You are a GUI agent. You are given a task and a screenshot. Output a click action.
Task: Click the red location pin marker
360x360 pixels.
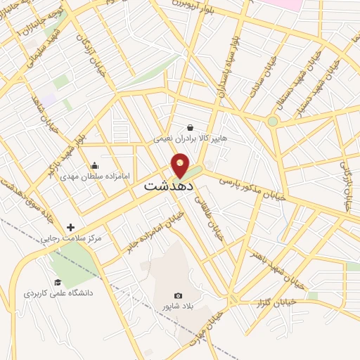[x=181, y=166]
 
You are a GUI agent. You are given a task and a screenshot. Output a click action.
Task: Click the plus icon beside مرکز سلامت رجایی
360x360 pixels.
[x=70, y=227]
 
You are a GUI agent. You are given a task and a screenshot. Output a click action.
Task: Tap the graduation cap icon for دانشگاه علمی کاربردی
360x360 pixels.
[x=58, y=282]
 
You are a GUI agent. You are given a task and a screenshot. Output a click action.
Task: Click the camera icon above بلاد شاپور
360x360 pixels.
[x=178, y=295]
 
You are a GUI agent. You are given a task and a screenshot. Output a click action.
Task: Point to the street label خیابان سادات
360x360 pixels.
[x=267, y=82]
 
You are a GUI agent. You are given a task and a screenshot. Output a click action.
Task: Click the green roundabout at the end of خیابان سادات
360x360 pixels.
[x=272, y=122]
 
